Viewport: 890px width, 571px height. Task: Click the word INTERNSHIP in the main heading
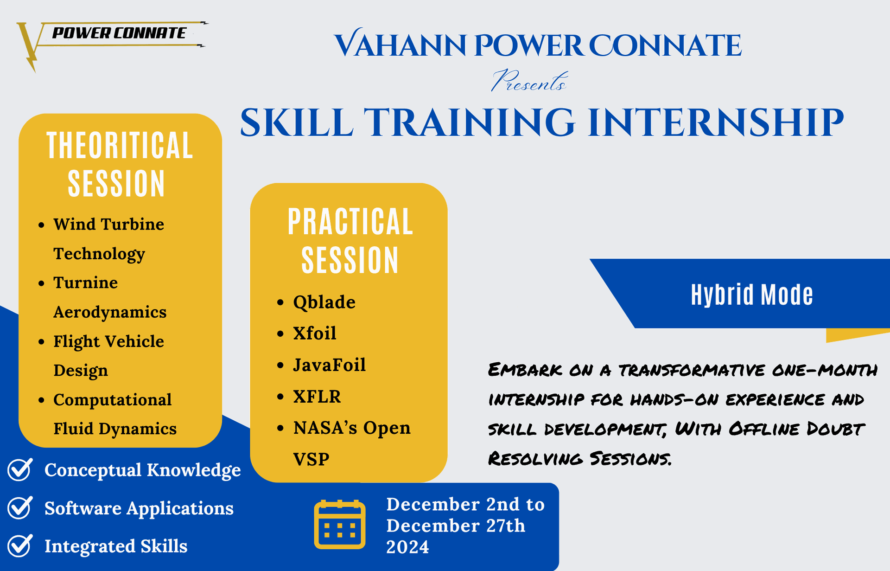[715, 122]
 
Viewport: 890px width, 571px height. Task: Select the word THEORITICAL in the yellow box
[120, 146]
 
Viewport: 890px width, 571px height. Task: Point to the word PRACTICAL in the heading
[350, 222]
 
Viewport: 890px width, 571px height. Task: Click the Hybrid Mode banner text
[752, 295]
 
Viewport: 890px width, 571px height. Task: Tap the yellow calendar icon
[340, 525]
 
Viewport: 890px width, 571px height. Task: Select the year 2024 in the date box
[407, 547]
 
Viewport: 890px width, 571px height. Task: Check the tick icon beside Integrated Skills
[20, 545]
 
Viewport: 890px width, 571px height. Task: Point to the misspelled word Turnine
[85, 282]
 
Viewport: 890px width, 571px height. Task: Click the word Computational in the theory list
[112, 400]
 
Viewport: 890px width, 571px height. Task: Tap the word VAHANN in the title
[400, 45]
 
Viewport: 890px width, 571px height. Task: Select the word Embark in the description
[525, 370]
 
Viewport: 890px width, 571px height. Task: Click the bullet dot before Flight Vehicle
[42, 342]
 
